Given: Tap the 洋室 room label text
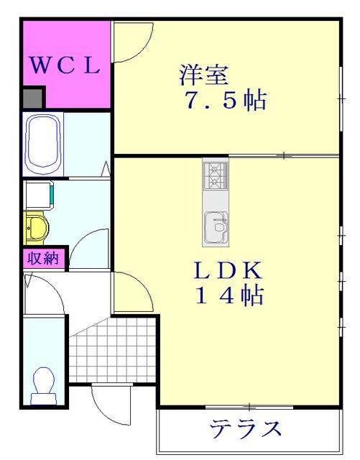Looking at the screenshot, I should [x=203, y=74].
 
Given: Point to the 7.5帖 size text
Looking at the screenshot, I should [x=223, y=101].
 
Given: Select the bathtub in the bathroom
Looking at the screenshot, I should [x=45, y=144].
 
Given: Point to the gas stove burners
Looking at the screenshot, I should [x=216, y=174].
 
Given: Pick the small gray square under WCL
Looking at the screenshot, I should [x=32, y=98].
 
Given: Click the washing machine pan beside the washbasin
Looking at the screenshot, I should [x=38, y=194].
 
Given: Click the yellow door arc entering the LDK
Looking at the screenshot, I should [x=134, y=291].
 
